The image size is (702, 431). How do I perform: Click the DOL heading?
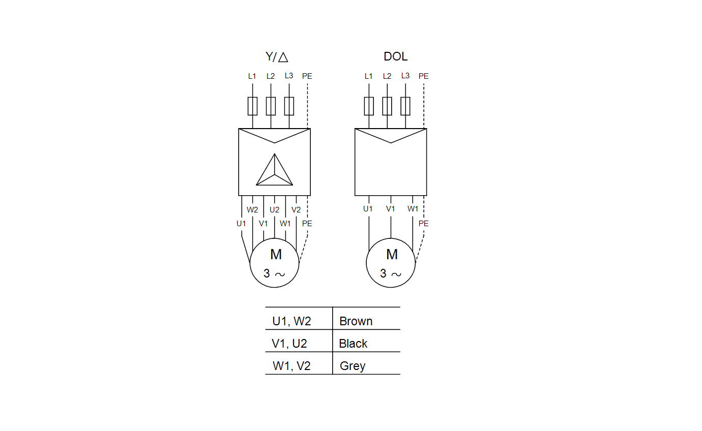tap(395, 56)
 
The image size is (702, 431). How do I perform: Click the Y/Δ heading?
tap(277, 57)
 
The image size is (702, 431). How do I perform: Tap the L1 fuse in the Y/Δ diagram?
tap(252, 106)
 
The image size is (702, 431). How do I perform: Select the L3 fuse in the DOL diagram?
tap(405, 106)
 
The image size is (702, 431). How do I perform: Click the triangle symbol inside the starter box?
tap(275, 169)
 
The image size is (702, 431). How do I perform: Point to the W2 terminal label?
tap(252, 209)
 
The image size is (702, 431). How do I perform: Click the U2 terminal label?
tap(275, 209)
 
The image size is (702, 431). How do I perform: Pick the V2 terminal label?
tap(296, 209)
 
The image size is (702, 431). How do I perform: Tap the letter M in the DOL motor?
tap(392, 254)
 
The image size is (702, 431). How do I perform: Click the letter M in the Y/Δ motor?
tap(276, 254)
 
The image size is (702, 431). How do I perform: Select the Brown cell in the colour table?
tap(356, 321)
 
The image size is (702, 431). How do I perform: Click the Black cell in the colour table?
tap(353, 344)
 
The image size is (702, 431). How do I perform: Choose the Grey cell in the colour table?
tap(353, 366)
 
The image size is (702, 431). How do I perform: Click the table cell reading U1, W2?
tap(291, 321)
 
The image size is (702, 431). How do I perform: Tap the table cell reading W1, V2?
tap(291, 366)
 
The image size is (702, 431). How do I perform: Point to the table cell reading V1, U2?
tap(289, 344)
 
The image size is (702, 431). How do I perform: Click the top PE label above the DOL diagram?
tap(423, 76)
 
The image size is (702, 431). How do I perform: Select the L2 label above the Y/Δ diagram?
tap(271, 76)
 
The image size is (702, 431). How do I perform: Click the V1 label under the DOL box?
tap(390, 208)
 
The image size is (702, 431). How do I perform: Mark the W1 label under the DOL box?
tap(413, 208)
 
